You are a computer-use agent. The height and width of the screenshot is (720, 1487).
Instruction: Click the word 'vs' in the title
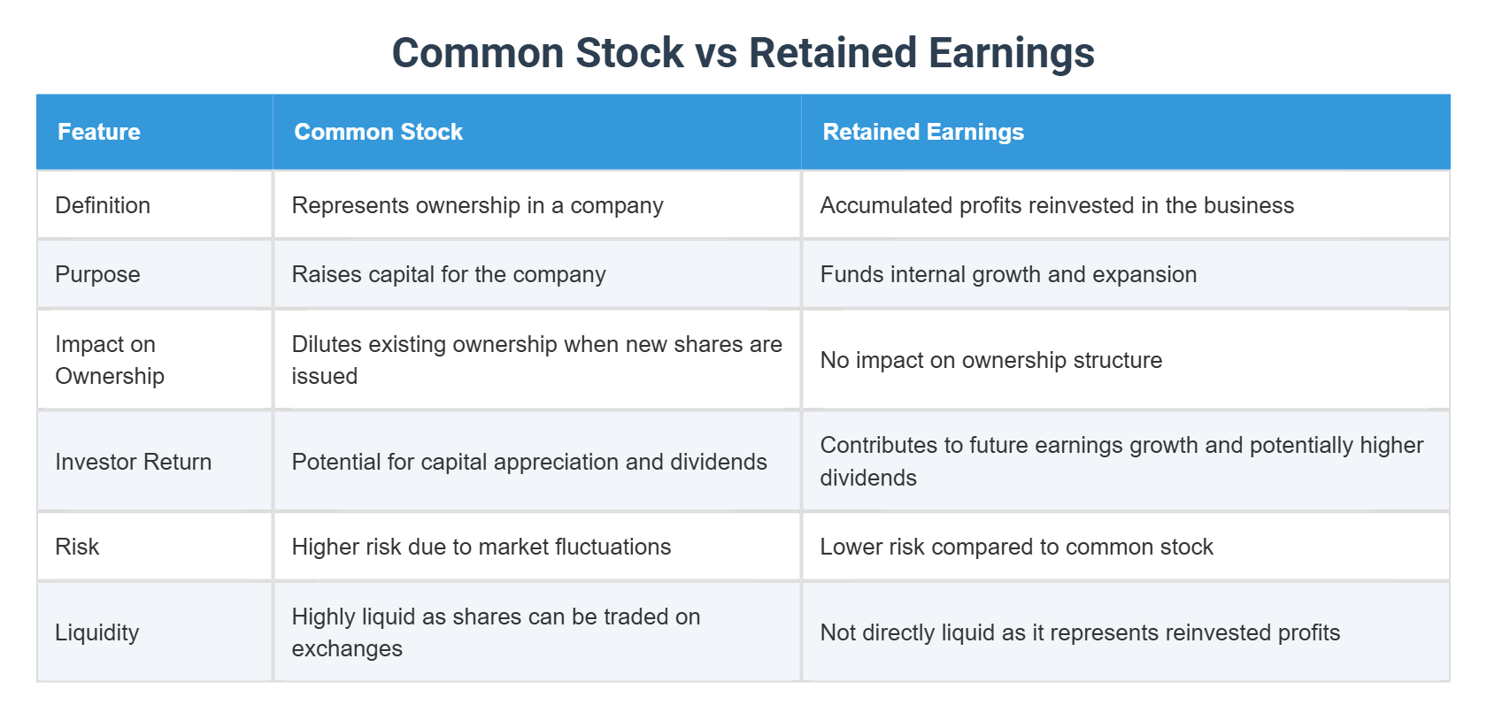[x=716, y=53]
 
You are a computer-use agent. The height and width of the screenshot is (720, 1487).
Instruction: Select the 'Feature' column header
[x=99, y=132]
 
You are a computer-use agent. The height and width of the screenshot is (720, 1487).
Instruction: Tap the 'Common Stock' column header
[x=378, y=132]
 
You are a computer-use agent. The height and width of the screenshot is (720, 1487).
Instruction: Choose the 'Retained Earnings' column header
[x=923, y=132]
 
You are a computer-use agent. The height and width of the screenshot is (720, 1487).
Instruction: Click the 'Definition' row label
[x=103, y=205]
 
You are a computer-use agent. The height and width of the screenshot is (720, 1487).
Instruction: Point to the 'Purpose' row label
[x=97, y=274]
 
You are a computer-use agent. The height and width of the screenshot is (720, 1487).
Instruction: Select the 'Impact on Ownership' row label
[x=109, y=360]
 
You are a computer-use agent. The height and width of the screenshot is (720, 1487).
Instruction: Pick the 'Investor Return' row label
[x=133, y=462]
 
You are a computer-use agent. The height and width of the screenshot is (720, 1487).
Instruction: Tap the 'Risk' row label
[x=77, y=547]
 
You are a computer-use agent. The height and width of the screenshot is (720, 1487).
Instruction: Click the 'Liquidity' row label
[x=97, y=632]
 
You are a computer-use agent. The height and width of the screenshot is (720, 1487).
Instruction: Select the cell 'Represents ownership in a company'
[x=477, y=205]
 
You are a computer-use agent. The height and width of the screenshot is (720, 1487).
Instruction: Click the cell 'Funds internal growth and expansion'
[x=1008, y=274]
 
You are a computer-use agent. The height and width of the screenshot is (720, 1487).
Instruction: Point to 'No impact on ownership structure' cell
[x=990, y=360]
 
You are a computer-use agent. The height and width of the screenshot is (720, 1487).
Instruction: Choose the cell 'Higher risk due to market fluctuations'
[x=481, y=547]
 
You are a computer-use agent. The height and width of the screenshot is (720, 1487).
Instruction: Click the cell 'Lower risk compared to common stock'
[x=1016, y=547]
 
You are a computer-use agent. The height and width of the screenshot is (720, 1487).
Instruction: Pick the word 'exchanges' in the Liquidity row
[x=347, y=648]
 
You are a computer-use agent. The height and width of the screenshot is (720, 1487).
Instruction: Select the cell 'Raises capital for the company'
[x=449, y=274]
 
